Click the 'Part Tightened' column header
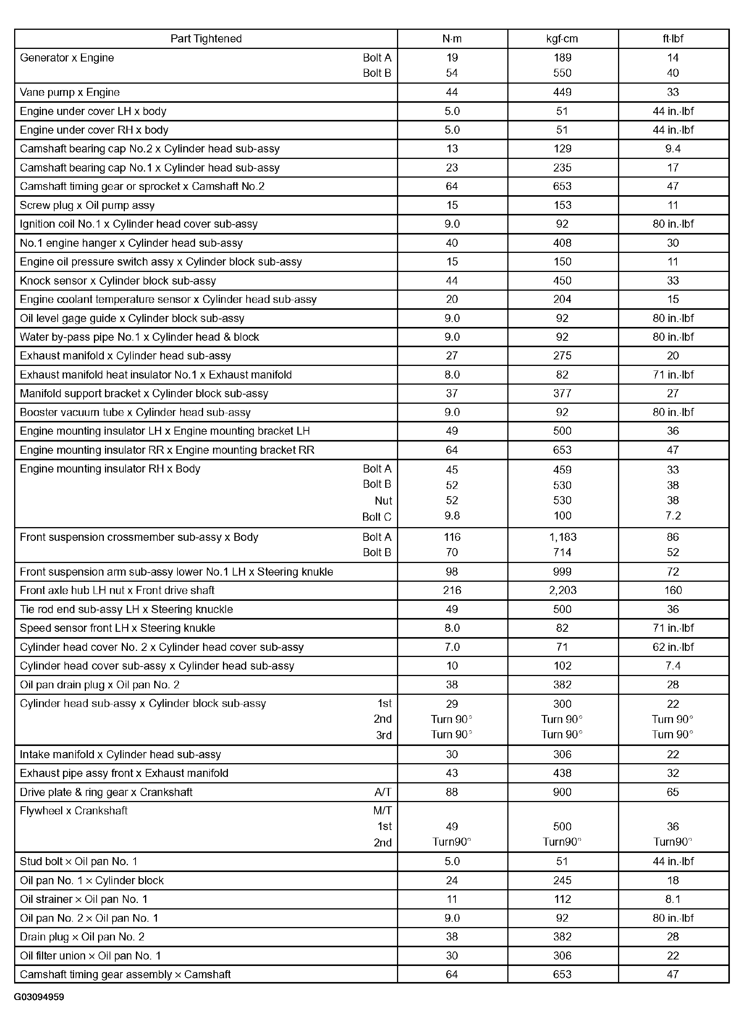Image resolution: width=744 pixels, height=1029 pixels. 206,39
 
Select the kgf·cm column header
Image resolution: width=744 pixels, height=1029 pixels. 562,39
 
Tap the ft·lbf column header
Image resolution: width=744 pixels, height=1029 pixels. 673,39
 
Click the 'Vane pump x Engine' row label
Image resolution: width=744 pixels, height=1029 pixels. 70,92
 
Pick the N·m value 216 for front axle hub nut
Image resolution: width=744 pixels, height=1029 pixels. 452,590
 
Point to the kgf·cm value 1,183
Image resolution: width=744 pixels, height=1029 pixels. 563,537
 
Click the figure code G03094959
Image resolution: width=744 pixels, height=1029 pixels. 39,997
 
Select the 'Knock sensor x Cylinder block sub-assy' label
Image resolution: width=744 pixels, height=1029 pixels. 118,281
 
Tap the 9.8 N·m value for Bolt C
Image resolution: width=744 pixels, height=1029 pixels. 452,516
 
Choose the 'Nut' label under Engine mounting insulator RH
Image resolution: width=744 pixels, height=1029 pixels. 383,501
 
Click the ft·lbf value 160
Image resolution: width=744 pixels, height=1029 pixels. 673,590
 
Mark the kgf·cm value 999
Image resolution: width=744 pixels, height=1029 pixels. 562,572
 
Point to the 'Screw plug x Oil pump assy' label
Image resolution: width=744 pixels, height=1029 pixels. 87,205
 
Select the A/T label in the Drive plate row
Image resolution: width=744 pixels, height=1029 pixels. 382,792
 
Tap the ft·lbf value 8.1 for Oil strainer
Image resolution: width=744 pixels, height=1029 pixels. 673,899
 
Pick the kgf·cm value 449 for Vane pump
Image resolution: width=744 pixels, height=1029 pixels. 562,92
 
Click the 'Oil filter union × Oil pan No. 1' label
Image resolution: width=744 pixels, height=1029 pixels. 90,956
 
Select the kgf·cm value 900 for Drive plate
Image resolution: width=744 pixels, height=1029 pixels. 562,792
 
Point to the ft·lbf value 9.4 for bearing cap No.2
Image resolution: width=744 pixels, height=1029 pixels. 673,149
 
